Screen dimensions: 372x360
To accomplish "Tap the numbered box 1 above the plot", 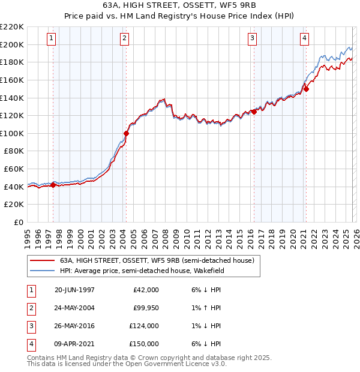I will click(52, 38).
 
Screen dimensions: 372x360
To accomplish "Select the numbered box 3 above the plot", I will click(252, 38).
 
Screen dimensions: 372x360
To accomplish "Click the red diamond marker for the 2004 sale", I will click(126, 133).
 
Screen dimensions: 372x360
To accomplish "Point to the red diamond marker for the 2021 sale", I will click(306, 89).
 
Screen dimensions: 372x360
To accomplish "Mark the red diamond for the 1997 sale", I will click(53, 185).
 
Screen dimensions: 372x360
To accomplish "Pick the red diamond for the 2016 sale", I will click(254, 112).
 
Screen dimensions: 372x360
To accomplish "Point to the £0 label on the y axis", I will click(18, 222).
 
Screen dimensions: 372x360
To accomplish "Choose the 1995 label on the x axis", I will click(28, 235).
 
